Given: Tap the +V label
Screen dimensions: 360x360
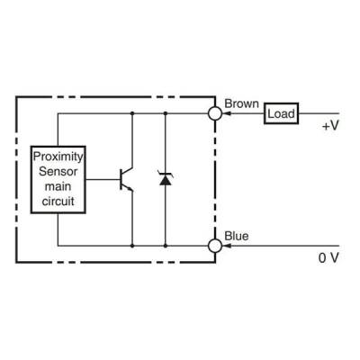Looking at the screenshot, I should click(329, 127).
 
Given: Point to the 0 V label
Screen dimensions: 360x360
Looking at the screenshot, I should click(328, 259).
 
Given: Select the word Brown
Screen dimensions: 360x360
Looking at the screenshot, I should click(242, 103).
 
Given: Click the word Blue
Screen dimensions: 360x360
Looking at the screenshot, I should click(237, 236).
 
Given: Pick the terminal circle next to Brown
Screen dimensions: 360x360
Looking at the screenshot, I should click(214, 113).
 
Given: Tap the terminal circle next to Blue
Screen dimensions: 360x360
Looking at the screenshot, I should click(214, 245).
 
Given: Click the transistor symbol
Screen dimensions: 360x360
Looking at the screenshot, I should click(126, 179).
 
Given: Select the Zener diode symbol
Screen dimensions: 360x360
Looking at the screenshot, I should click(164, 178).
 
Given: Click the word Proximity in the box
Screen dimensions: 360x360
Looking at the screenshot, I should click(58, 156).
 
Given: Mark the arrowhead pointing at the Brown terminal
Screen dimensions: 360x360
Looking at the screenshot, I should click(226, 113).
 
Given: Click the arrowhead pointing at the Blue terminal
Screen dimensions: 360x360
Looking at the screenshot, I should click(226, 245).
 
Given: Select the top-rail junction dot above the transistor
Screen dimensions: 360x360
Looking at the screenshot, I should click(132, 113).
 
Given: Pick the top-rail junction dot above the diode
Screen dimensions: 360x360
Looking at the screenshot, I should click(164, 113).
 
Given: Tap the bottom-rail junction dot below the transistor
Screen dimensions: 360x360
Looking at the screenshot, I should click(132, 245).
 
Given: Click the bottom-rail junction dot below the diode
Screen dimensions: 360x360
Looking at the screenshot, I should click(164, 245).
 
